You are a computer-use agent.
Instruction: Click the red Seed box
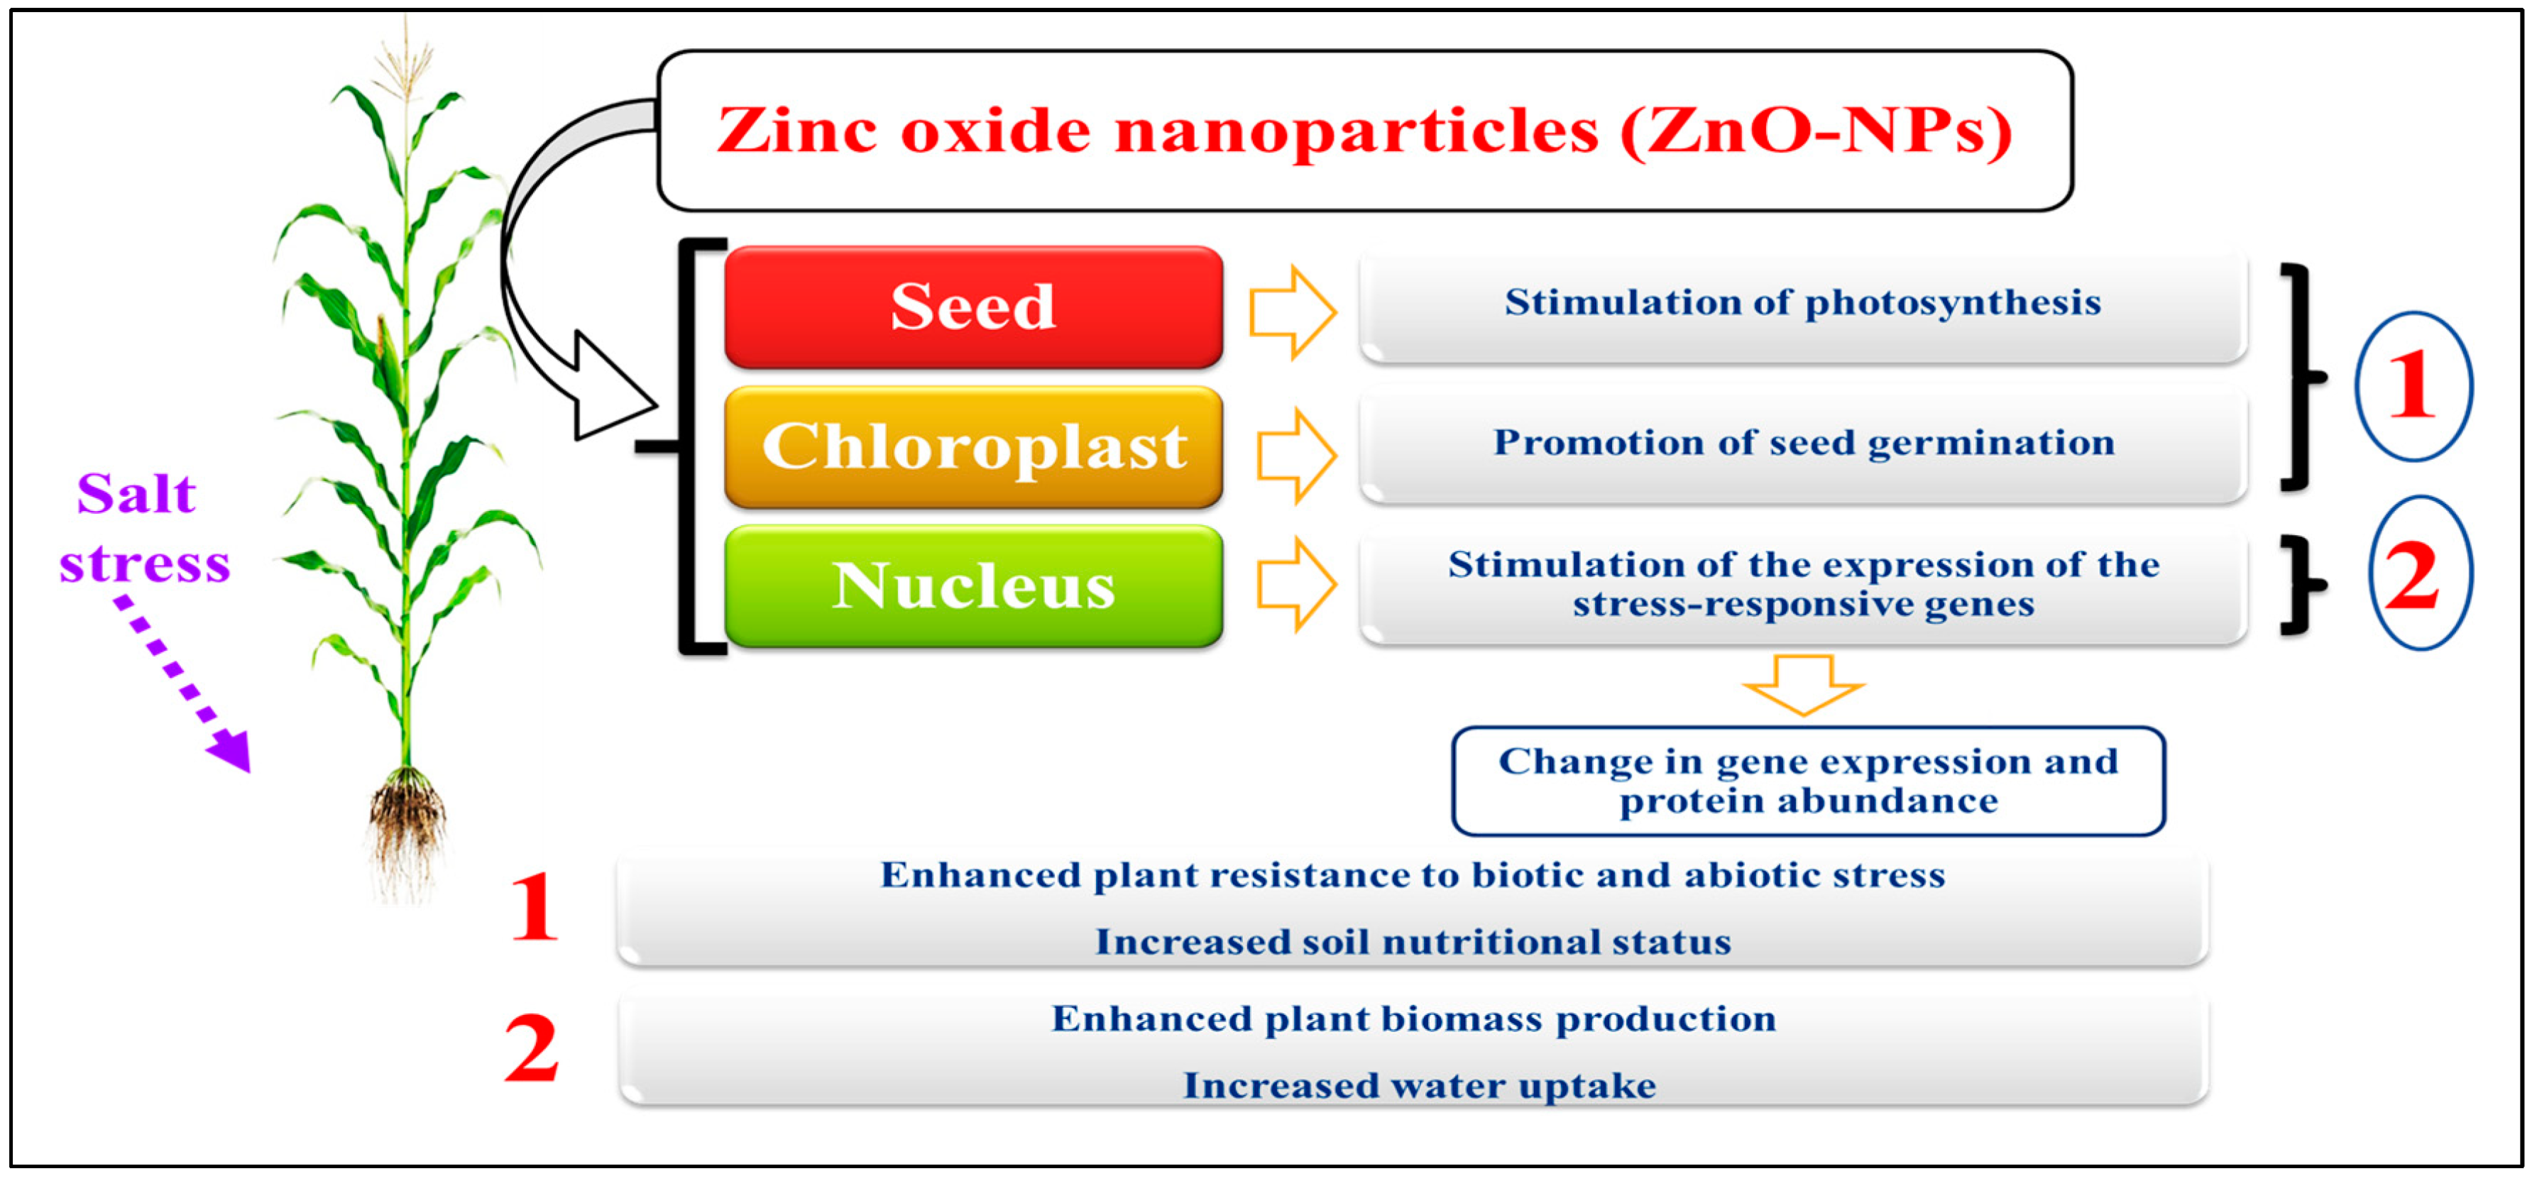(973, 307)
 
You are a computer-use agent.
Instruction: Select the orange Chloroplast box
(973, 447)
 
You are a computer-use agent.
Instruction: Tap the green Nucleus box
(973, 586)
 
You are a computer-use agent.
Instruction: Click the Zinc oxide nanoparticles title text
(1364, 131)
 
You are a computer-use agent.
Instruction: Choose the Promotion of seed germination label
(1804, 443)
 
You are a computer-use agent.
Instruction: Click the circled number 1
(2414, 386)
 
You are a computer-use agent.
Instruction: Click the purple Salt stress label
(143, 527)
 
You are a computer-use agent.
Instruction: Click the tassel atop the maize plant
(405, 59)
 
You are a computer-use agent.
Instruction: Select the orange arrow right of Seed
(1293, 312)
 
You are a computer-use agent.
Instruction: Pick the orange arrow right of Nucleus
(1296, 585)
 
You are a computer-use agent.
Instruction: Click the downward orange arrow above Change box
(1804, 685)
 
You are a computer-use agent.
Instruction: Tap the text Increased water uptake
(1420, 1087)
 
